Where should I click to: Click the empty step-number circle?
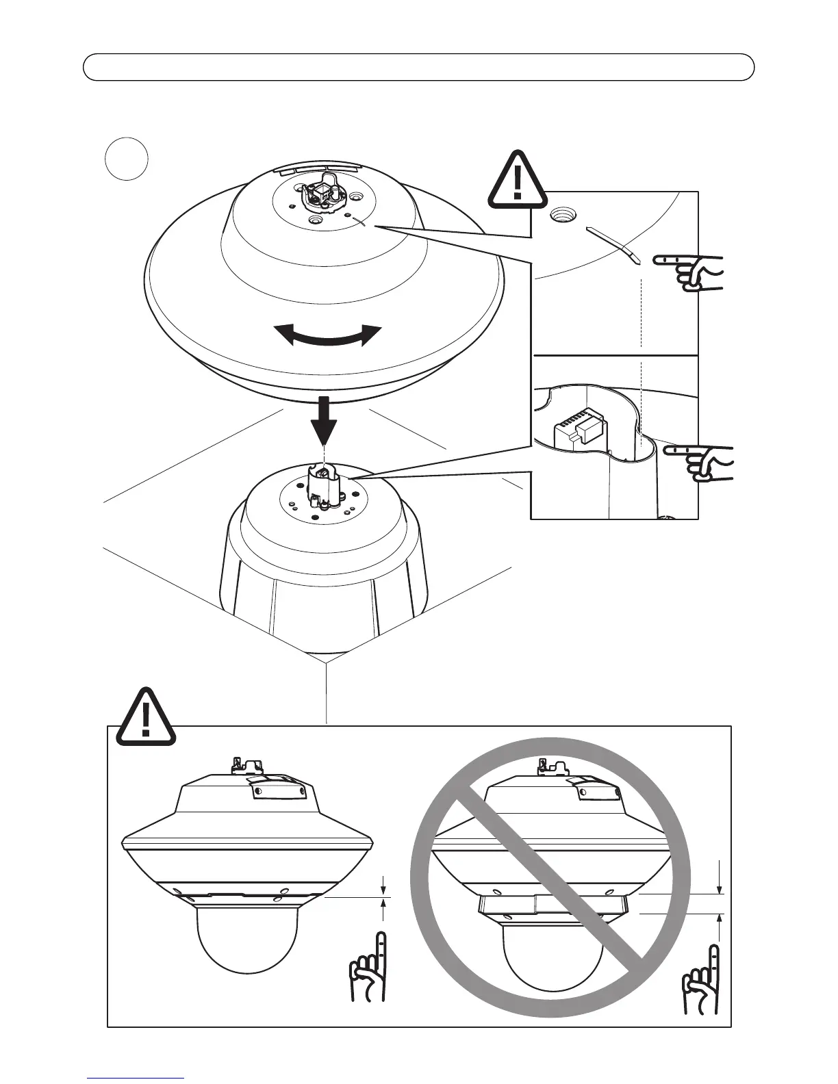[127, 159]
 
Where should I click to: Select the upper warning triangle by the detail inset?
[518, 181]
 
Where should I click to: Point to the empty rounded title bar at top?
[418, 67]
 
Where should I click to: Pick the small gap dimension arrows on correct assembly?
[383, 894]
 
